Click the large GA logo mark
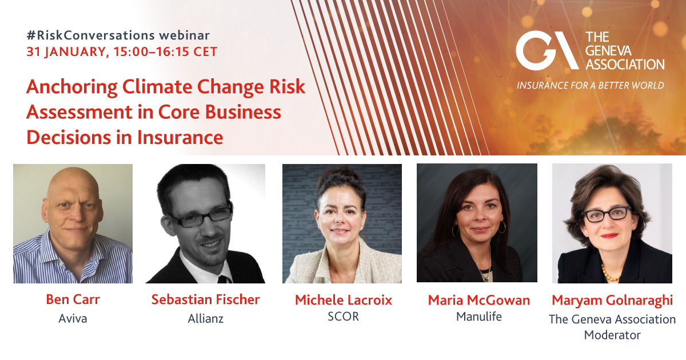click(x=546, y=50)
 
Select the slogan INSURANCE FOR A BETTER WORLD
click(x=591, y=86)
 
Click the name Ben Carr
click(x=73, y=299)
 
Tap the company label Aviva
click(x=73, y=318)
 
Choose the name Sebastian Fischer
click(x=205, y=299)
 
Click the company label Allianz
click(x=205, y=318)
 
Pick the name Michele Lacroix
click(x=344, y=300)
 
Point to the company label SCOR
click(x=344, y=316)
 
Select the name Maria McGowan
click(x=479, y=300)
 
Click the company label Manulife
click(x=479, y=316)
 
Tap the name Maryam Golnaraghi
click(x=612, y=300)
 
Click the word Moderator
click(x=612, y=335)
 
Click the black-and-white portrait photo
click(x=205, y=223)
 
